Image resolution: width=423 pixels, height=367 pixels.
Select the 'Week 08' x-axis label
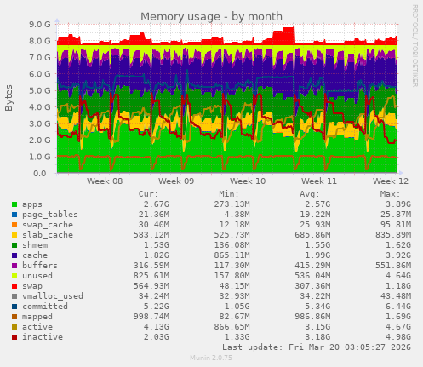105,181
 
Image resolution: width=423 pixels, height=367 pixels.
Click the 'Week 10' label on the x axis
248,181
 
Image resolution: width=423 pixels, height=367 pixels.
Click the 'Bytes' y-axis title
9,98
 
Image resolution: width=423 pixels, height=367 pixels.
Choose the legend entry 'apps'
32,204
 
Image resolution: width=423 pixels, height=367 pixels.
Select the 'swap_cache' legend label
48,224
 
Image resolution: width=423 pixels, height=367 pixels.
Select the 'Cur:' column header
149,193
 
